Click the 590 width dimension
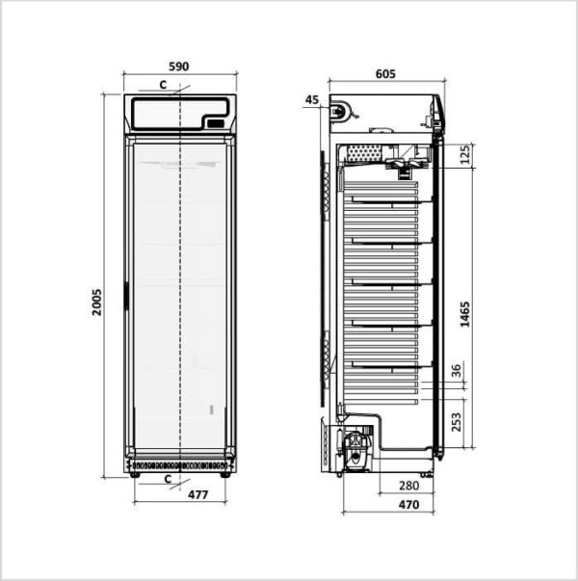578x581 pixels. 179,66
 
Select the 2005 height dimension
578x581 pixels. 96,303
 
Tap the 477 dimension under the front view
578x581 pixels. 198,494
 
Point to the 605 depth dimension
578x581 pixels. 385,74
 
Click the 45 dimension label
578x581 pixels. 312,99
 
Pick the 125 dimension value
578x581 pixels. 465,154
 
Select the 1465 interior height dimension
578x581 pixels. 465,314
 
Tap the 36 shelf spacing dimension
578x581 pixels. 457,371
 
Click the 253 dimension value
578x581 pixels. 457,422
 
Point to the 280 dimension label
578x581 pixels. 409,486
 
